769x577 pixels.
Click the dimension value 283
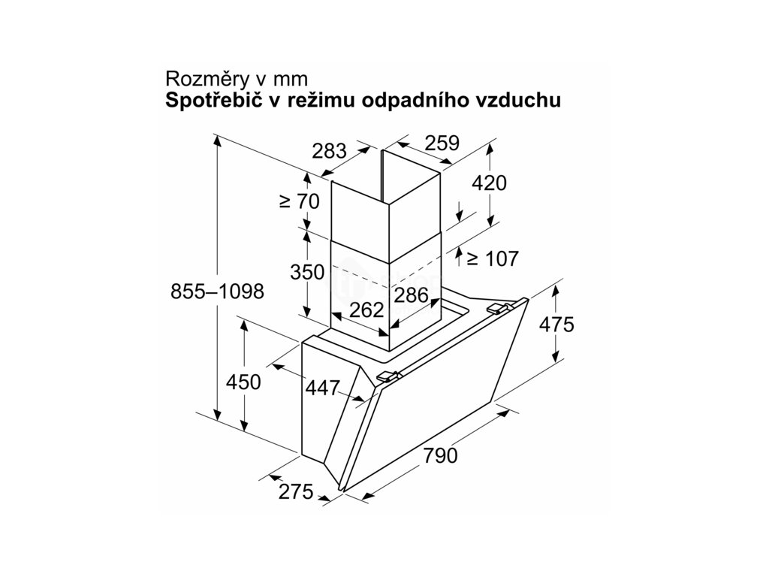pos(330,150)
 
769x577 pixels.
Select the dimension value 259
pos(441,143)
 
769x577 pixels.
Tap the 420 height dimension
pos(490,183)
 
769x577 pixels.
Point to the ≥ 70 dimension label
pos(299,201)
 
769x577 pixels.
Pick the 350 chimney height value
pos(307,271)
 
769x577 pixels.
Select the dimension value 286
pos(412,295)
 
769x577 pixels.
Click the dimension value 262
pos(367,310)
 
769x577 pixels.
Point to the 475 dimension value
pos(556,325)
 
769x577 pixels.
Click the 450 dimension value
pos(243,382)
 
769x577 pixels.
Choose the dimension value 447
pos(323,388)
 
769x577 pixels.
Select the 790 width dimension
pos(441,455)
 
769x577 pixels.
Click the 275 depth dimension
pos(295,492)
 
